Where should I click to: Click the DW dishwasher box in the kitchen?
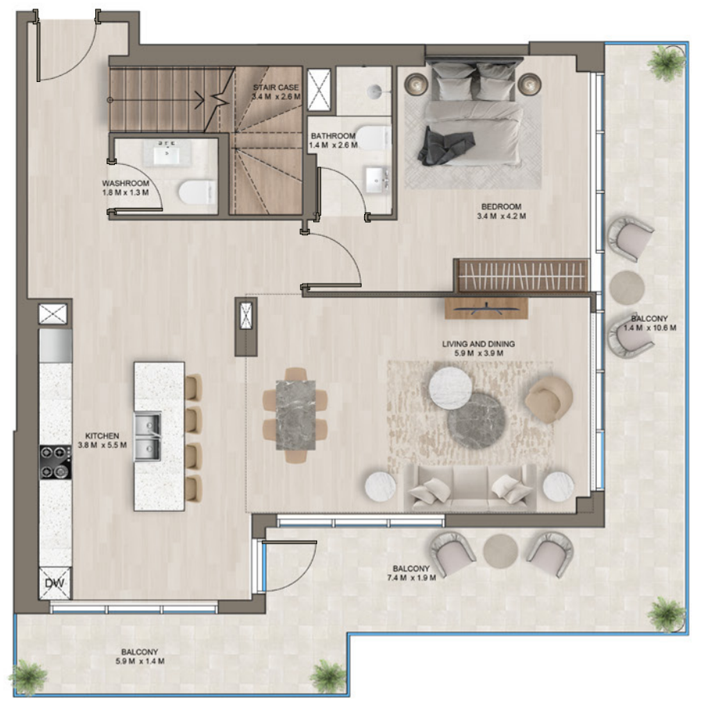[x=55, y=583]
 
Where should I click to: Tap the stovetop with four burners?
[x=55, y=462]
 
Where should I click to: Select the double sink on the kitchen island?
[x=148, y=437]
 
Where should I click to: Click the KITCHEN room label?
[x=102, y=436]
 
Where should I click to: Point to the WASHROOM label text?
[x=125, y=183]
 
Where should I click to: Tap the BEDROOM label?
[x=501, y=206]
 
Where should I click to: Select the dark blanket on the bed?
[x=446, y=146]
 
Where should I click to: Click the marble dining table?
[x=295, y=415]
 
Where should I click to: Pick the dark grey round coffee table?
[x=477, y=421]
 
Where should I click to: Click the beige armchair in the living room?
[x=548, y=399]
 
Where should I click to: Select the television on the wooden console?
[x=486, y=309]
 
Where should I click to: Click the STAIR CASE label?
[x=276, y=88]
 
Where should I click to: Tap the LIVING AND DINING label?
[x=478, y=344]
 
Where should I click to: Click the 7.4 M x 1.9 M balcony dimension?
[x=411, y=577]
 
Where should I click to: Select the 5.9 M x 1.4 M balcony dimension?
[x=140, y=661]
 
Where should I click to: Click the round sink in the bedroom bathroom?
[x=375, y=91]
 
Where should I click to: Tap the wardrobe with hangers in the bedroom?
[x=522, y=276]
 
